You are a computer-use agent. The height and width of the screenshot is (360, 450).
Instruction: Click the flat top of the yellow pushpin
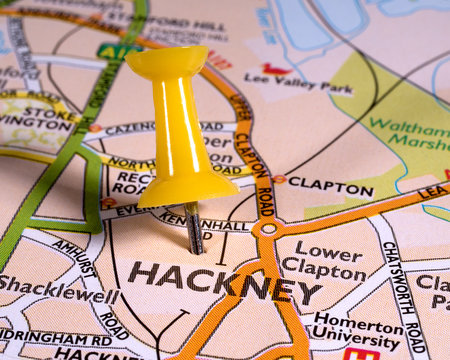click(x=166, y=61)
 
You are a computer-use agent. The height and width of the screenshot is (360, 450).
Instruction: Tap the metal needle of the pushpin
click(x=194, y=229)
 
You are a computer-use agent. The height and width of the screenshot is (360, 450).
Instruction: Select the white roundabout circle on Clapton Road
click(x=266, y=229)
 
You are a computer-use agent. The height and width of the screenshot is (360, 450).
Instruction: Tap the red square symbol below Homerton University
click(x=360, y=353)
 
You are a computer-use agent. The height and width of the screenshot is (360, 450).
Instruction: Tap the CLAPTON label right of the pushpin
click(x=330, y=187)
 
